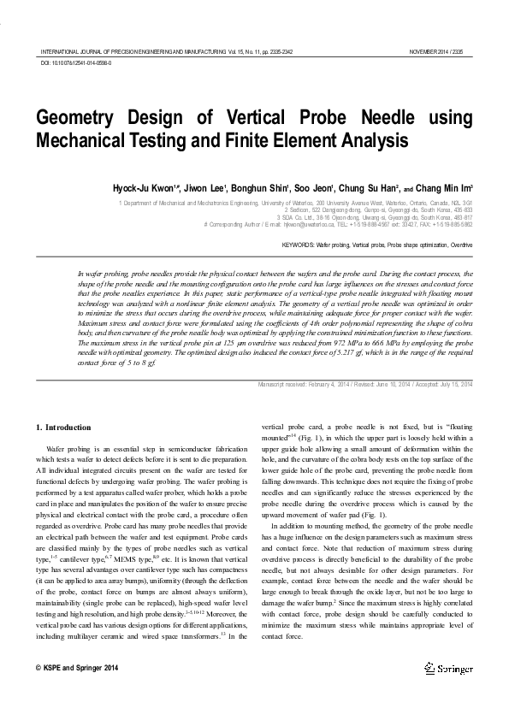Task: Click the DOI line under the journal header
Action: tap(76, 63)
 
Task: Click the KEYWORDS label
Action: tap(298, 245)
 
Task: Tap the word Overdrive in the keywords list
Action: tap(460, 245)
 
